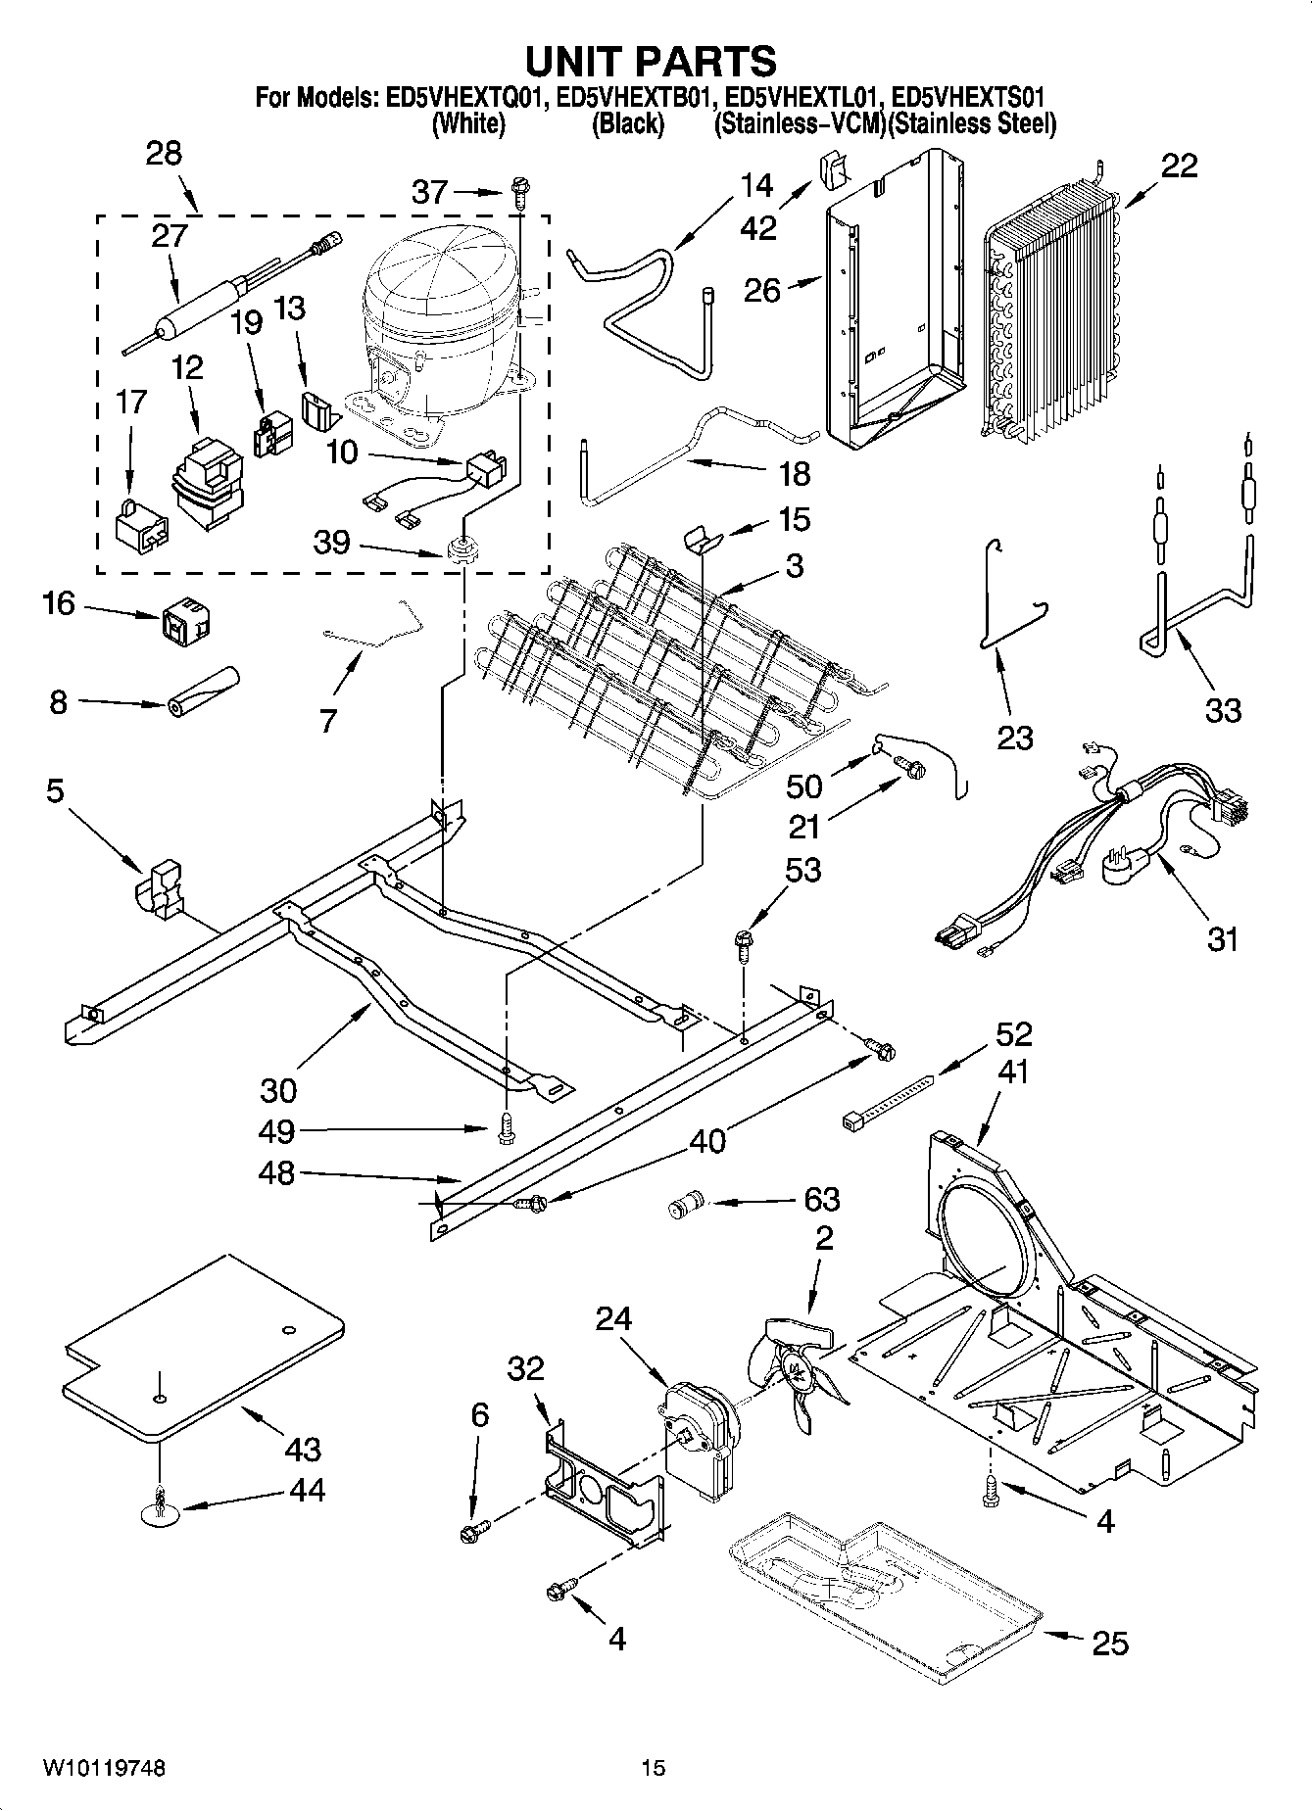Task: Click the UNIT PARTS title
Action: click(651, 61)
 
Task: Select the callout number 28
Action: click(164, 155)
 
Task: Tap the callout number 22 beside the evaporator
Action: click(1179, 166)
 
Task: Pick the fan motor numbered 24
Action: click(699, 1429)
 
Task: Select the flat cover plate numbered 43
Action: click(201, 1347)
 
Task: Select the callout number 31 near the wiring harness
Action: click(1222, 939)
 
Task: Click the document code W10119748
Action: click(104, 1768)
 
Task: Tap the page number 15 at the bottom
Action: click(653, 1768)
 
